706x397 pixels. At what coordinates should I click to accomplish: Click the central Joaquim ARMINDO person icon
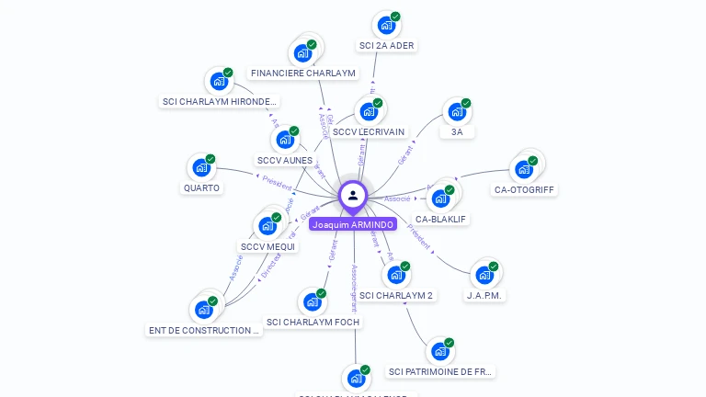pos(353,195)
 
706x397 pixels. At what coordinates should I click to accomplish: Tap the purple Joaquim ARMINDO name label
pos(353,224)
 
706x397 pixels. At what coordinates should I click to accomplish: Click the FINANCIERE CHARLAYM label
pos(302,73)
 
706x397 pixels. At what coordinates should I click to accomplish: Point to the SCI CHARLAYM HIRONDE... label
pos(220,102)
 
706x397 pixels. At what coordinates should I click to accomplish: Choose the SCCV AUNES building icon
pos(285,141)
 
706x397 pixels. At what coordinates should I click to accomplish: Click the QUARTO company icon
pos(200,168)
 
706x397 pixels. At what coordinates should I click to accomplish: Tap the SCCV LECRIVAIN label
pos(369,132)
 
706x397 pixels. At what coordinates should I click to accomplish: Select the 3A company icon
pos(457,112)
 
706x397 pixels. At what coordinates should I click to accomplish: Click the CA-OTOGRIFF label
pos(525,190)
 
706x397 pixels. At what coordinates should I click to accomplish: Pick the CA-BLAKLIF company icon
pos(441,198)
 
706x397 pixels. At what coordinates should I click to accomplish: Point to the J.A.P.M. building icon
pos(484,275)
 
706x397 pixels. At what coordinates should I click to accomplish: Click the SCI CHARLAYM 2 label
pos(396,296)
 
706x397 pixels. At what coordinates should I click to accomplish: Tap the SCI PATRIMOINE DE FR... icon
pos(440,351)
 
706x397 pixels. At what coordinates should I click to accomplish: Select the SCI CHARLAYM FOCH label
pos(313,323)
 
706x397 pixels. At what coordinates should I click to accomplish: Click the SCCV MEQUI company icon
pos(268,226)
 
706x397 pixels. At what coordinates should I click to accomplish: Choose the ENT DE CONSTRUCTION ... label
pos(204,330)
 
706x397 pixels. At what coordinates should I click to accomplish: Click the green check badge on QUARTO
pos(211,159)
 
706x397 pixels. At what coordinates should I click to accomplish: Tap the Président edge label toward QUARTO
pos(277,179)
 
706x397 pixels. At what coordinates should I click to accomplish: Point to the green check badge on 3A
pos(466,103)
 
